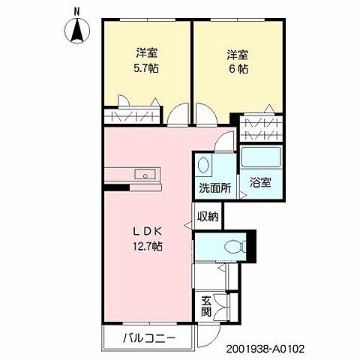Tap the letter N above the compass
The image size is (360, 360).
tap(77, 10)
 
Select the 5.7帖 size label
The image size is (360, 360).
tap(146, 68)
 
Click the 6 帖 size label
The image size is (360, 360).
tap(238, 68)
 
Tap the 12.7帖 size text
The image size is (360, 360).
tap(148, 246)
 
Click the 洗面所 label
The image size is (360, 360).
tap(214, 188)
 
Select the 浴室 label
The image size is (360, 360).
tap(262, 182)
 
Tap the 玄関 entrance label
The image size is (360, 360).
tap(206, 307)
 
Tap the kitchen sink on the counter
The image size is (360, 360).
tap(144, 175)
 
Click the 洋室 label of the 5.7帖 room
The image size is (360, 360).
tap(146, 54)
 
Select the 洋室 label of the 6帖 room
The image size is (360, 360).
tap(238, 54)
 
